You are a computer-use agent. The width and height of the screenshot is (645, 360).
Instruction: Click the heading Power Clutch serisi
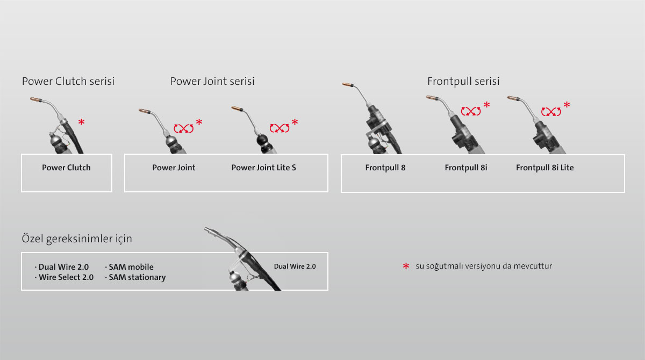68,81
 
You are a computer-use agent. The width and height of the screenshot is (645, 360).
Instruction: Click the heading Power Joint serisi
212,81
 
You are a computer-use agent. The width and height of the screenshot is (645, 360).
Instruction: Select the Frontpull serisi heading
463,82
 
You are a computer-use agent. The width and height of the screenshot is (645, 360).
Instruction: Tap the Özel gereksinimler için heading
77,239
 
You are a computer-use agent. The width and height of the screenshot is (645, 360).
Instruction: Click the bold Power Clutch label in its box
66,168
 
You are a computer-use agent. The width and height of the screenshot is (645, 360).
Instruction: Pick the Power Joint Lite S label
264,168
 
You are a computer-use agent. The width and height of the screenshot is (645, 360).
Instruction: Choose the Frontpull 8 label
385,168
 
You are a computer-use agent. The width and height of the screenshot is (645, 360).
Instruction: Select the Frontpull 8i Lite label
545,168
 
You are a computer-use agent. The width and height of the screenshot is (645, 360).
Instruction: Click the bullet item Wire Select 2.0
64,277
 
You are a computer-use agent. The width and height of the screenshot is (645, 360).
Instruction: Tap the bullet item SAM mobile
130,267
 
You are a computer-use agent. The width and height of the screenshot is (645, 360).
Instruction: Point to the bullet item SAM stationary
135,277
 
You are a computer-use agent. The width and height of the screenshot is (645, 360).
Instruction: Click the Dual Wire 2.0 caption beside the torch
295,267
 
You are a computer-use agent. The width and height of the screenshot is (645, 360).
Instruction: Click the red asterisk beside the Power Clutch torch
82,122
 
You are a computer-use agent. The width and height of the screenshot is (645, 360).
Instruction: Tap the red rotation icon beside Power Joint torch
184,128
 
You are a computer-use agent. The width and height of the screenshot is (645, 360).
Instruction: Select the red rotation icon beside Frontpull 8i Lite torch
551,111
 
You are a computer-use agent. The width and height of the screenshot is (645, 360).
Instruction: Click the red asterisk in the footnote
406,266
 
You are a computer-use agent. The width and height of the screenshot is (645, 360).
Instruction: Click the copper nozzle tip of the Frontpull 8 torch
348,84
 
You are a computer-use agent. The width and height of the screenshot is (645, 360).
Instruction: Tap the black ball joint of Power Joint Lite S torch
263,140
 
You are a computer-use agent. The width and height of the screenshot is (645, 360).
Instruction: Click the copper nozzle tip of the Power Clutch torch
36,99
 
